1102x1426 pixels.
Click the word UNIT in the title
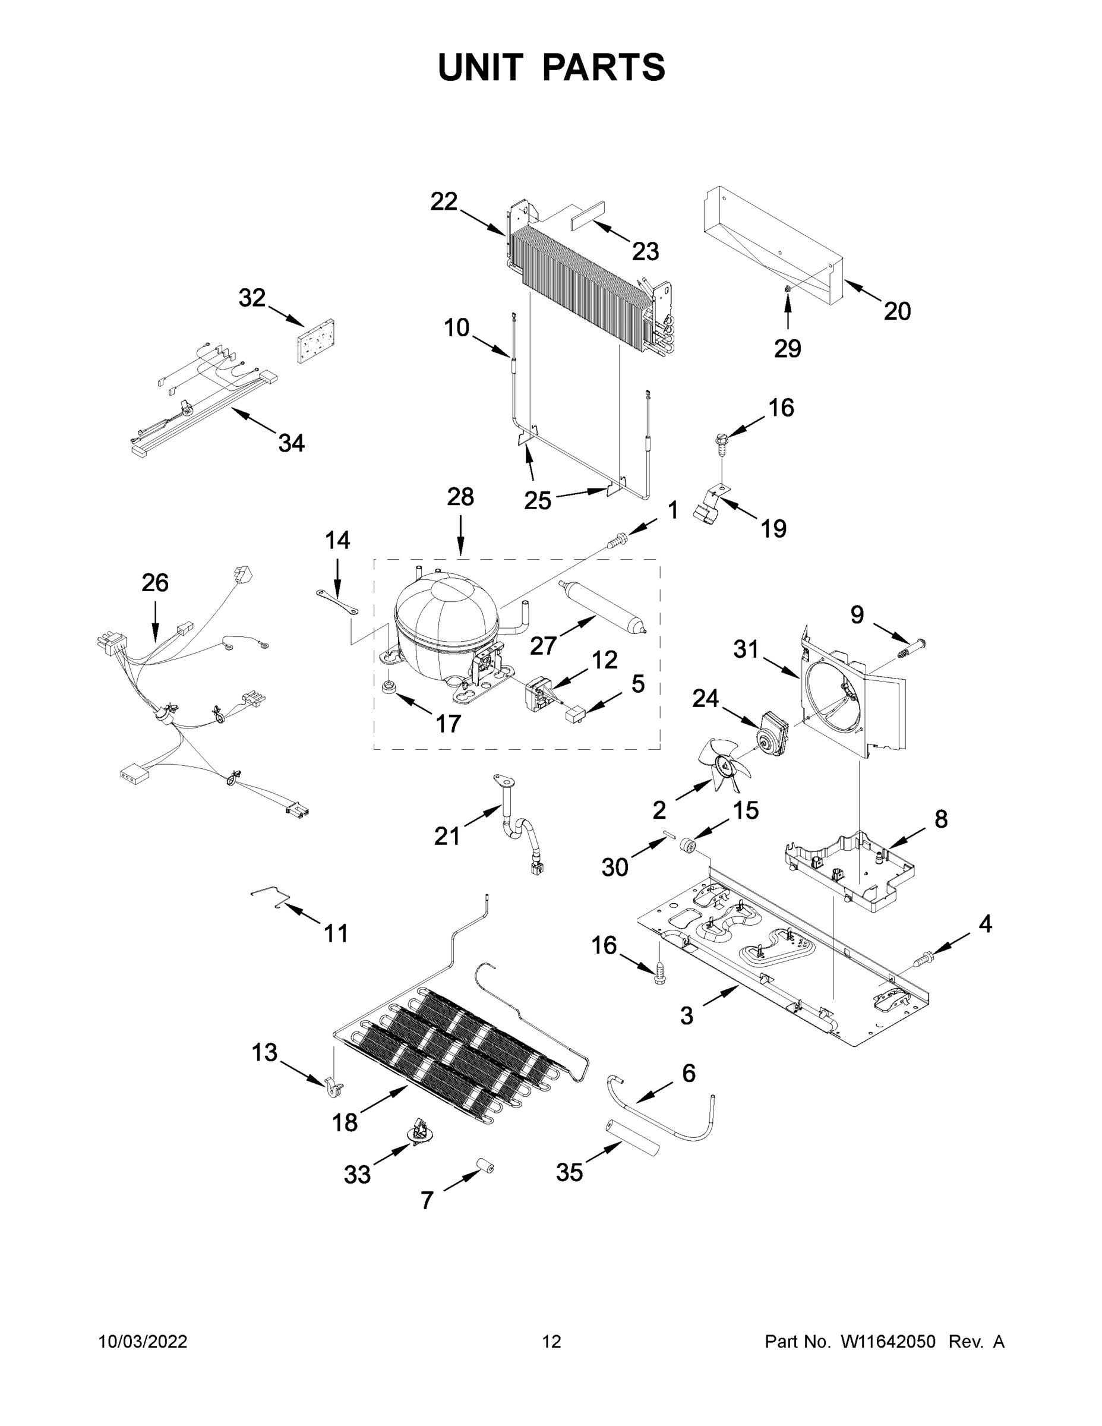tap(481, 68)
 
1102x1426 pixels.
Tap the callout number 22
tap(444, 202)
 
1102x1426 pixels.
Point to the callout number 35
tap(569, 1172)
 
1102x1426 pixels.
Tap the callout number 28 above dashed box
tap(460, 497)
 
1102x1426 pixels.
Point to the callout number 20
tap(897, 311)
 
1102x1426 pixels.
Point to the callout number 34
tap(291, 443)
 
